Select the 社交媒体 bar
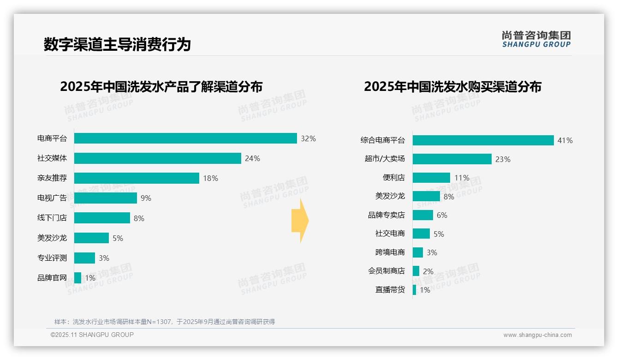click(157, 158)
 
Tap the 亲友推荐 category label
click(52, 178)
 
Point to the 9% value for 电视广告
click(146, 198)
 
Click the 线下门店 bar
click(102, 218)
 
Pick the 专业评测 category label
click(52, 258)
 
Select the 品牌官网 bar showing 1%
click(77, 278)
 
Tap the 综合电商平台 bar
click(483, 140)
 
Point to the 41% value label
click(565, 140)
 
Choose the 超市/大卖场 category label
click(385, 159)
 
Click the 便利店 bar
click(431, 178)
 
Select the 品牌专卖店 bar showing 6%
click(423, 215)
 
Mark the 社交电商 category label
click(390, 234)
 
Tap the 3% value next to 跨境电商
click(432, 252)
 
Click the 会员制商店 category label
click(386, 271)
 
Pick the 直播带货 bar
click(414, 290)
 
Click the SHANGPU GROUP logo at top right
click(536, 39)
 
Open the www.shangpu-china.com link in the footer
click(537, 335)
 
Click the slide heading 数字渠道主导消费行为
click(117, 44)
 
